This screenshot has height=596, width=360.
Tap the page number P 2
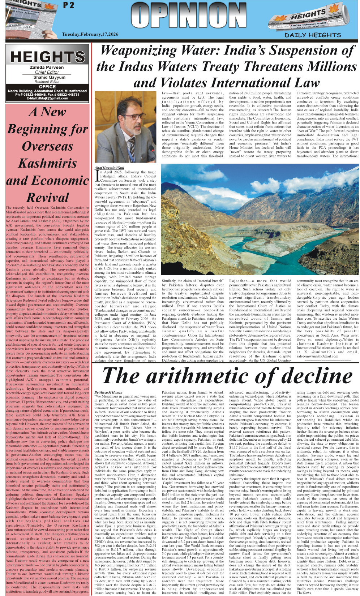(68, 5)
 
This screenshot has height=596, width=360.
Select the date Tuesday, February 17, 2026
(90, 34)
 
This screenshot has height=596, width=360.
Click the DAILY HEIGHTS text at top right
(313, 35)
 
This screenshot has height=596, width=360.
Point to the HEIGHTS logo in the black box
(47, 57)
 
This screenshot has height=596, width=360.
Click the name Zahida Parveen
(47, 68)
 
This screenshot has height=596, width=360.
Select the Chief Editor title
(47, 72)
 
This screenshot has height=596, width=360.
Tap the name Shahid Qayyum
(47, 77)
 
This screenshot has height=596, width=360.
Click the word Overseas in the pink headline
(47, 146)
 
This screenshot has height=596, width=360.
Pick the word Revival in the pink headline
(47, 198)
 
